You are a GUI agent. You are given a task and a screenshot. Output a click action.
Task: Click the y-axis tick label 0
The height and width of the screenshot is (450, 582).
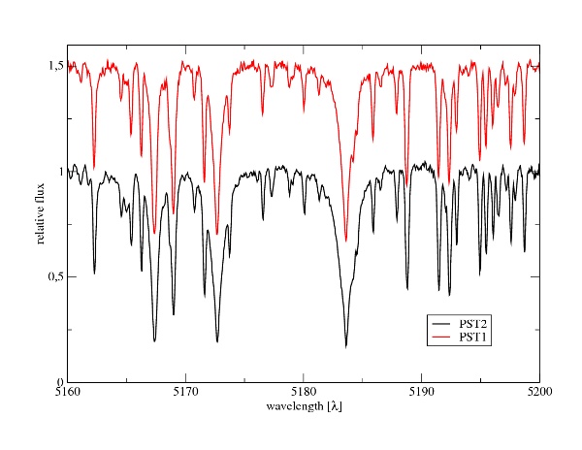coord(58,382)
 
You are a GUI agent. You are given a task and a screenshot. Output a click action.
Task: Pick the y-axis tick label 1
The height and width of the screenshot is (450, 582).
coord(58,172)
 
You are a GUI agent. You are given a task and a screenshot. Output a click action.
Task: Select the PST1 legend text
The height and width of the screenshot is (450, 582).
coord(472,337)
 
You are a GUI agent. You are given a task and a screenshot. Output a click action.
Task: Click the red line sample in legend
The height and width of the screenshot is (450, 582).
coord(442,337)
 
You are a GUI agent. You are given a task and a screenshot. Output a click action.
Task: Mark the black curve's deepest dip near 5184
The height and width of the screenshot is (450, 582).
coord(345,346)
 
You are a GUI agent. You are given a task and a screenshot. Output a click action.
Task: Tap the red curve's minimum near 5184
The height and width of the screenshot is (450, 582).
coord(345,241)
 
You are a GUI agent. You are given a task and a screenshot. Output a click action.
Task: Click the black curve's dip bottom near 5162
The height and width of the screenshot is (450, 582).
coord(94,273)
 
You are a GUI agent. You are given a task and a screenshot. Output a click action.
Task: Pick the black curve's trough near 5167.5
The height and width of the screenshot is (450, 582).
coord(154,341)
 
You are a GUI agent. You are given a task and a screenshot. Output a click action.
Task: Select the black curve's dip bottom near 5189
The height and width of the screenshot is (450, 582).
coord(407,289)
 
